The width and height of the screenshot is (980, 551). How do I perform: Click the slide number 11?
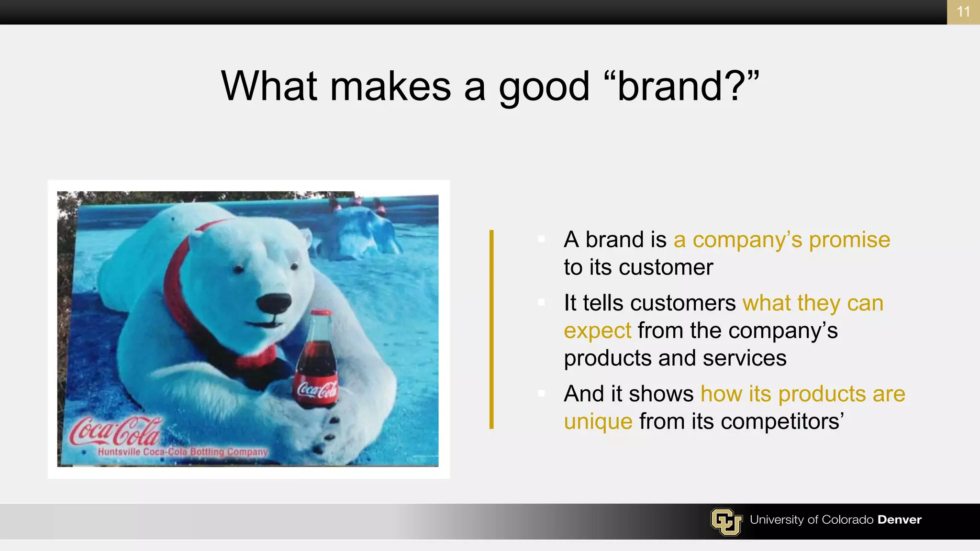click(963, 11)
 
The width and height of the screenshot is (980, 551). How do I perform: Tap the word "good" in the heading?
click(544, 87)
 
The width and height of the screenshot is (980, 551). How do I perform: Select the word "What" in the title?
click(269, 86)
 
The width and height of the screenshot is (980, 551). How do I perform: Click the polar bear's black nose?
click(273, 303)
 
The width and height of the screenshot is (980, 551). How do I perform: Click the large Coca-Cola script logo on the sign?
click(115, 430)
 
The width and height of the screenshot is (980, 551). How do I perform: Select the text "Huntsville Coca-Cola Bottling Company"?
click(182, 452)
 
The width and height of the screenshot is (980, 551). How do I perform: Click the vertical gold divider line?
click(491, 330)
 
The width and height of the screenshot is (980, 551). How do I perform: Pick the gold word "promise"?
click(849, 240)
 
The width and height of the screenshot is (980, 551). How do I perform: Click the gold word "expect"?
click(597, 331)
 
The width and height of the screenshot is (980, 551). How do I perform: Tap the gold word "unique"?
click(598, 421)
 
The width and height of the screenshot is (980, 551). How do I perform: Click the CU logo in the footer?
click(726, 521)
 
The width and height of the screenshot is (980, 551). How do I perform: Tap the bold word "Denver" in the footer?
click(899, 520)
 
